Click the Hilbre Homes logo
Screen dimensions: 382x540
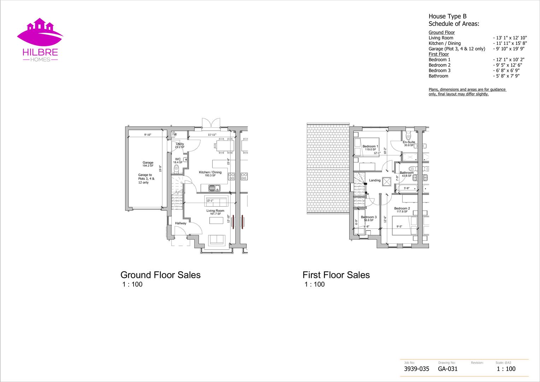[40, 40]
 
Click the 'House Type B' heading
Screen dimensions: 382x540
[447, 16]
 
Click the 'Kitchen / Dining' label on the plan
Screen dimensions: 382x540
[210, 173]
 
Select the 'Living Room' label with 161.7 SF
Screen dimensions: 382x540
[215, 211]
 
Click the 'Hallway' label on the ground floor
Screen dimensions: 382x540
[181, 223]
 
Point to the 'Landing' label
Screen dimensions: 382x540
[375, 180]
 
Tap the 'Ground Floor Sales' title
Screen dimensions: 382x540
[160, 275]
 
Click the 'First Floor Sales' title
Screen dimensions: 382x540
[336, 275]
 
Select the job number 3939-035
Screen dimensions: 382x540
[416, 369]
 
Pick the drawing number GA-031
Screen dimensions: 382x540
[447, 369]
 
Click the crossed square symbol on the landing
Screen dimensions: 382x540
[387, 181]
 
